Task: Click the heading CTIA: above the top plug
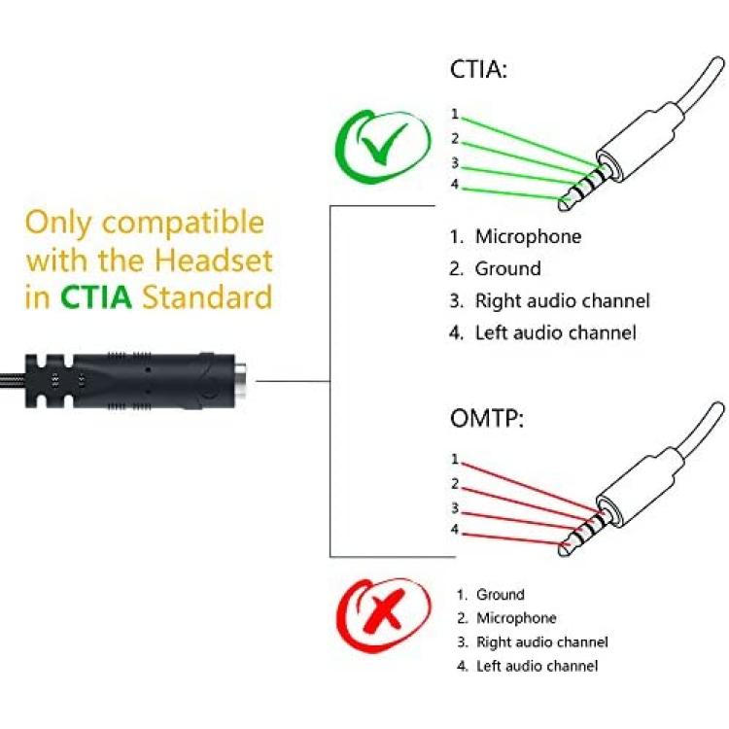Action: [x=478, y=71]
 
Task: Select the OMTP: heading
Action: [x=485, y=420]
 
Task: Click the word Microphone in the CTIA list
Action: [x=528, y=236]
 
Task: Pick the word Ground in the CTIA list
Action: [x=507, y=268]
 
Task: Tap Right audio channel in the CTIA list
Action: [x=562, y=300]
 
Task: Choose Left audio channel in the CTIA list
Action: [x=556, y=332]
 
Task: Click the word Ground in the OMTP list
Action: [x=501, y=594]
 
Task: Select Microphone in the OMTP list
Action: [x=516, y=618]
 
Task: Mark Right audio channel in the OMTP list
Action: [x=542, y=642]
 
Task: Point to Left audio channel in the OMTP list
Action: [x=538, y=666]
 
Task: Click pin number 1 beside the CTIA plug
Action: [x=454, y=114]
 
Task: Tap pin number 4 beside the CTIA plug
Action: [x=454, y=186]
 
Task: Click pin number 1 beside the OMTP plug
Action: [x=454, y=459]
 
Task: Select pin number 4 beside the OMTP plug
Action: [x=454, y=530]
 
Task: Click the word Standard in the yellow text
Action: [x=207, y=296]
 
